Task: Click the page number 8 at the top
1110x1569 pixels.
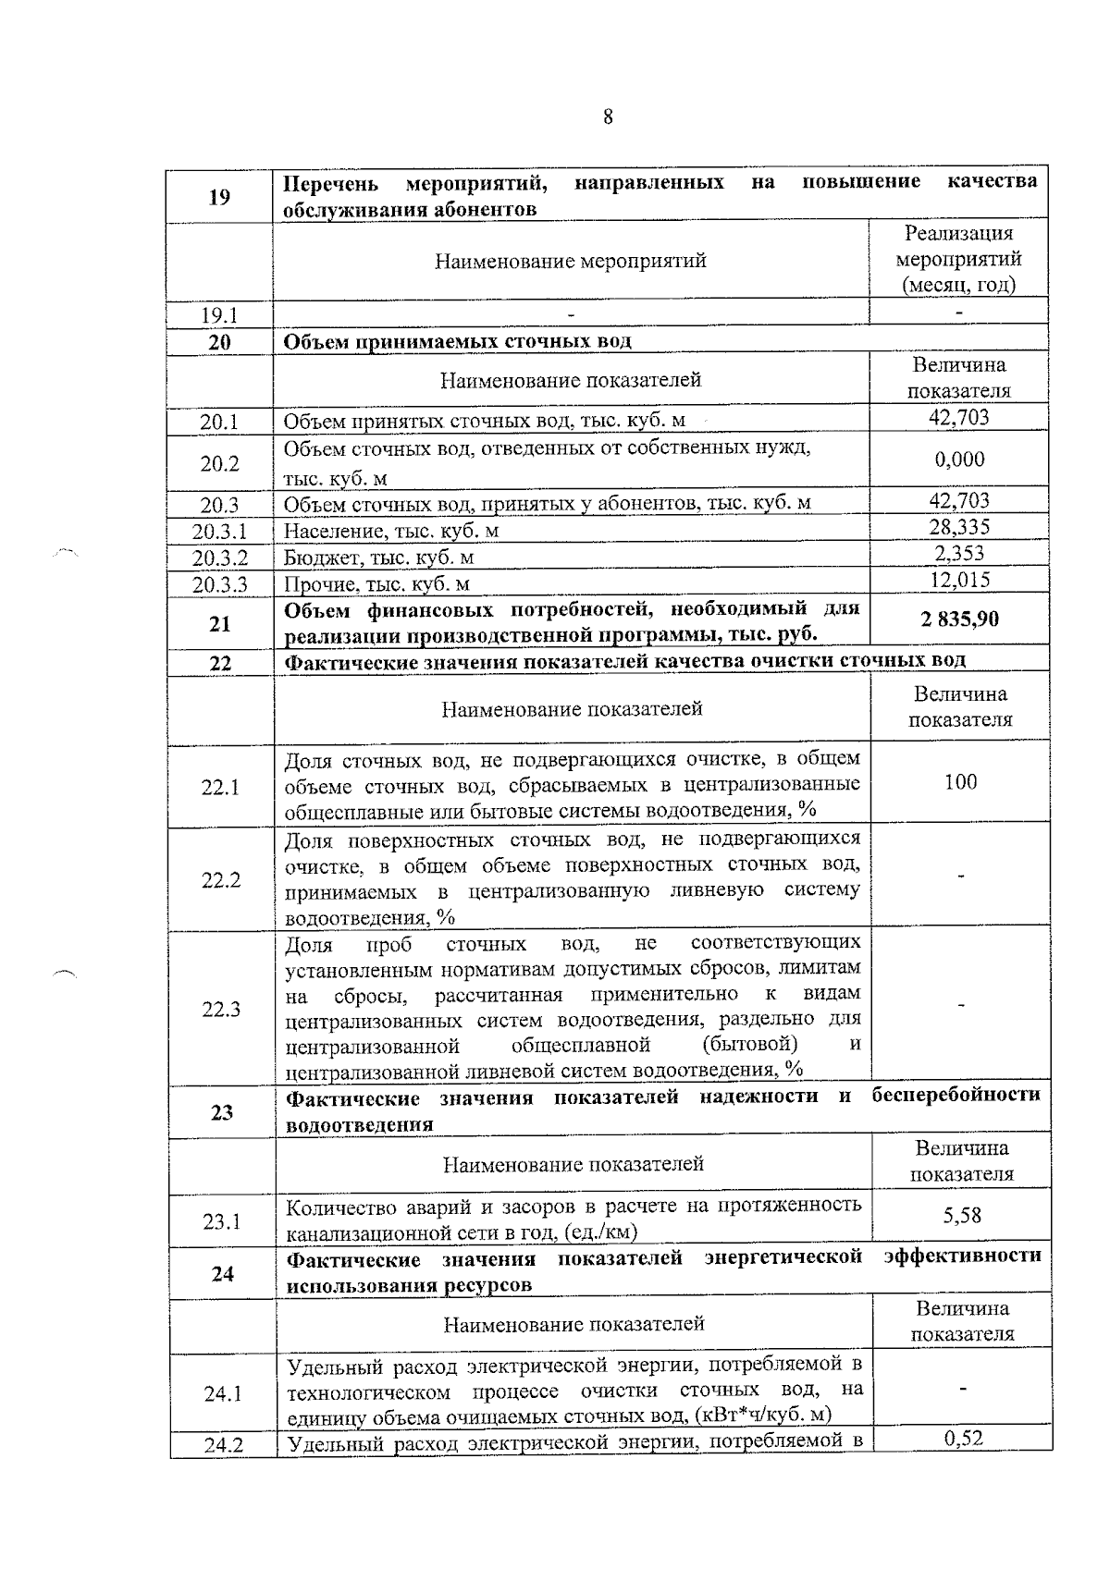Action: (x=608, y=117)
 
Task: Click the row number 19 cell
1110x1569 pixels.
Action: (x=219, y=196)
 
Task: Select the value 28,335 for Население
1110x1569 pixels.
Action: (x=959, y=527)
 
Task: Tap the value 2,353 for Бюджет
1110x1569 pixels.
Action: (x=959, y=554)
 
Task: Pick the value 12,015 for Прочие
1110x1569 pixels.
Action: (x=959, y=580)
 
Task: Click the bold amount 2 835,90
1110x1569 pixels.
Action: (x=959, y=619)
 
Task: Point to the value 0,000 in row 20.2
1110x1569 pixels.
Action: (x=959, y=460)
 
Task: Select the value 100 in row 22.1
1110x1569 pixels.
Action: (x=960, y=782)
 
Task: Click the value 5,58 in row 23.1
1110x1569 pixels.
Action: (x=962, y=1215)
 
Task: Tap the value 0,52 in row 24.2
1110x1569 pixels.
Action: (x=963, y=1438)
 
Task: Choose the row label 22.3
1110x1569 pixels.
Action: (x=221, y=1009)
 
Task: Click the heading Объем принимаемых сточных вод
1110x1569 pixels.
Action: (x=457, y=341)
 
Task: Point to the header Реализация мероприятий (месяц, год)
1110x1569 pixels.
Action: (x=959, y=259)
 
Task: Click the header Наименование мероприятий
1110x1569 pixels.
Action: (x=571, y=261)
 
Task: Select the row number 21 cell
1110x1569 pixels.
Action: (x=219, y=624)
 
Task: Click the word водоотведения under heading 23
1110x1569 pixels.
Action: (x=360, y=1125)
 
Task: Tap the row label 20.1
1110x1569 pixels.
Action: (x=220, y=423)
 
